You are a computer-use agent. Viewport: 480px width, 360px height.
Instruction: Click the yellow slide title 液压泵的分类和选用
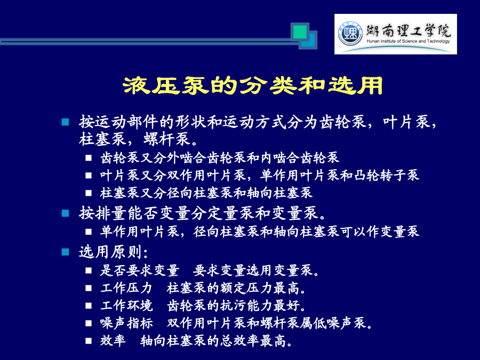pos(253,85)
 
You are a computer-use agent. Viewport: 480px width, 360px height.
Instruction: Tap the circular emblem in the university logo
pos(350,34)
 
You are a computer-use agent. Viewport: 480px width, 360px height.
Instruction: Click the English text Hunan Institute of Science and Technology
pos(408,41)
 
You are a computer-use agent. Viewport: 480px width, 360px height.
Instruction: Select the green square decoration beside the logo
pos(300,32)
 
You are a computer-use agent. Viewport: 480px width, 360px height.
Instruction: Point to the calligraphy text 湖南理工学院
pos(409,30)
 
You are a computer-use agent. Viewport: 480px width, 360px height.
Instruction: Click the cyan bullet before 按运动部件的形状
pos(65,122)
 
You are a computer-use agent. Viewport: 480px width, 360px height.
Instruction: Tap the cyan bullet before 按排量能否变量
pos(65,213)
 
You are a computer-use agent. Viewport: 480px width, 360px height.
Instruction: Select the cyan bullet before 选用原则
pos(65,252)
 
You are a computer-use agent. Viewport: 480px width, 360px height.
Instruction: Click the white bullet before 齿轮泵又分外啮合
pos(89,158)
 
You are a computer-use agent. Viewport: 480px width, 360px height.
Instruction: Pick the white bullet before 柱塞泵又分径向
pos(89,193)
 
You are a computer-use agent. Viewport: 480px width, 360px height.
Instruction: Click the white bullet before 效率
pos(89,340)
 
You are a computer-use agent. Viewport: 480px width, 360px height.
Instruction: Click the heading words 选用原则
pos(110,252)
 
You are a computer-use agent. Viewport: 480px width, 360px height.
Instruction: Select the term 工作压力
pos(126,288)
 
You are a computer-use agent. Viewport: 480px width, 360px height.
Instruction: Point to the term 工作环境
pos(126,306)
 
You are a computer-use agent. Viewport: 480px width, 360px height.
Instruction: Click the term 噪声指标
pos(126,323)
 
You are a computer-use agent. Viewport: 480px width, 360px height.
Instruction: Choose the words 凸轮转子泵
pos(386,175)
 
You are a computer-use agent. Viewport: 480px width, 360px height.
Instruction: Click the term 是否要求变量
pos(140,270)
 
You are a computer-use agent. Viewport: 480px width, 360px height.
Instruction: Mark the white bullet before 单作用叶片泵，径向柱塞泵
pos(89,231)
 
